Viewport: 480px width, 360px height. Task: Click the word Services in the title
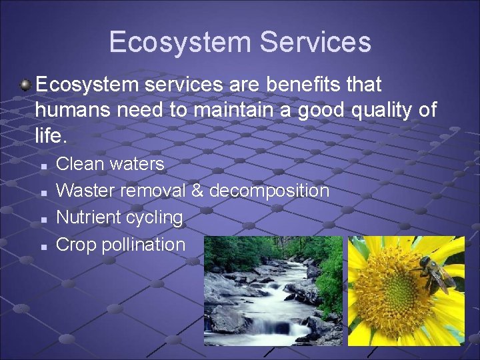click(x=315, y=41)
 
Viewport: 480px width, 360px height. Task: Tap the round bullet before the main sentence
click(x=25, y=85)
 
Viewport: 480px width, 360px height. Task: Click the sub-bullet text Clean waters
click(x=110, y=164)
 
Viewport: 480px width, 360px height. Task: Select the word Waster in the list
click(x=85, y=191)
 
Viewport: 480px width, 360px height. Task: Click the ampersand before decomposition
click(x=197, y=191)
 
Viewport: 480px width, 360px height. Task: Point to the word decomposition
click(x=269, y=191)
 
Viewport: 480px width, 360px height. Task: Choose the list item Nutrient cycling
click(x=119, y=217)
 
